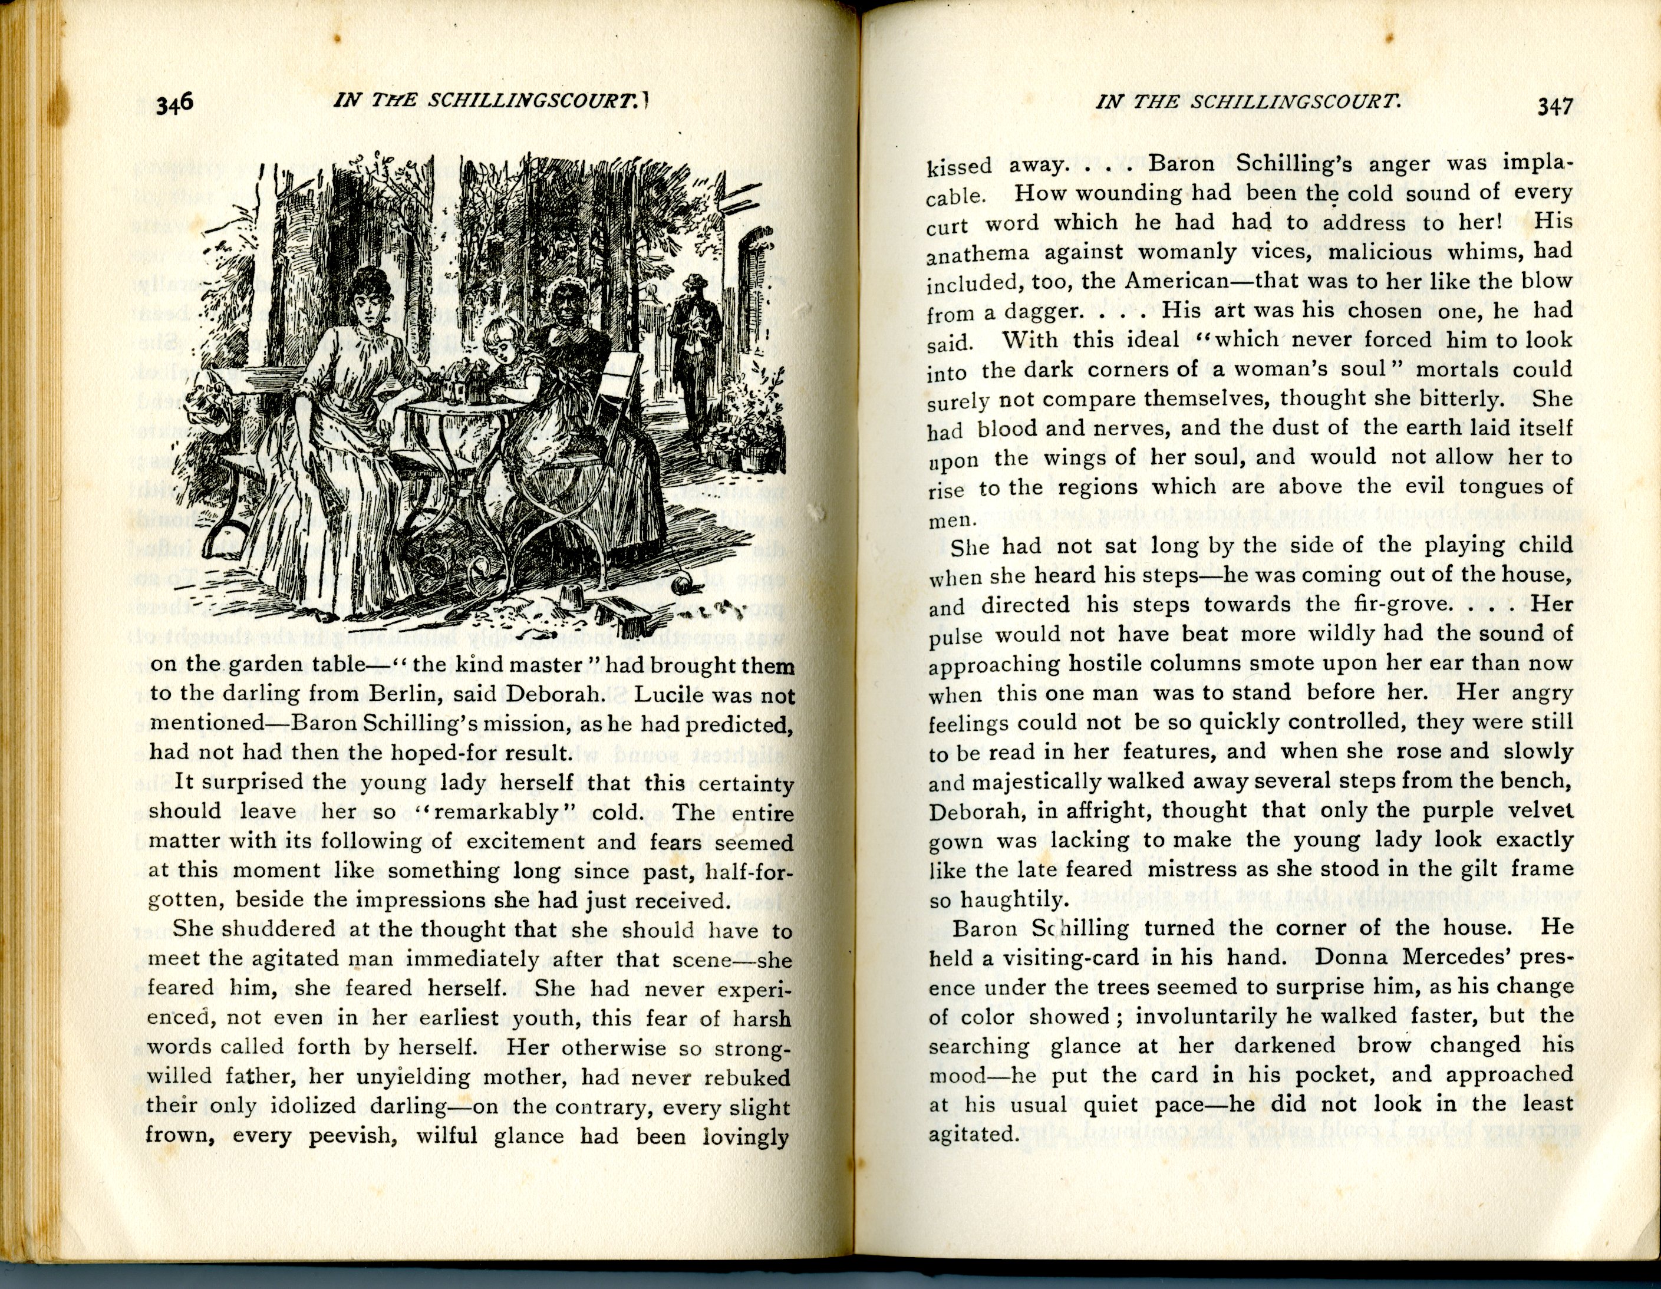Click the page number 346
click(174, 103)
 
